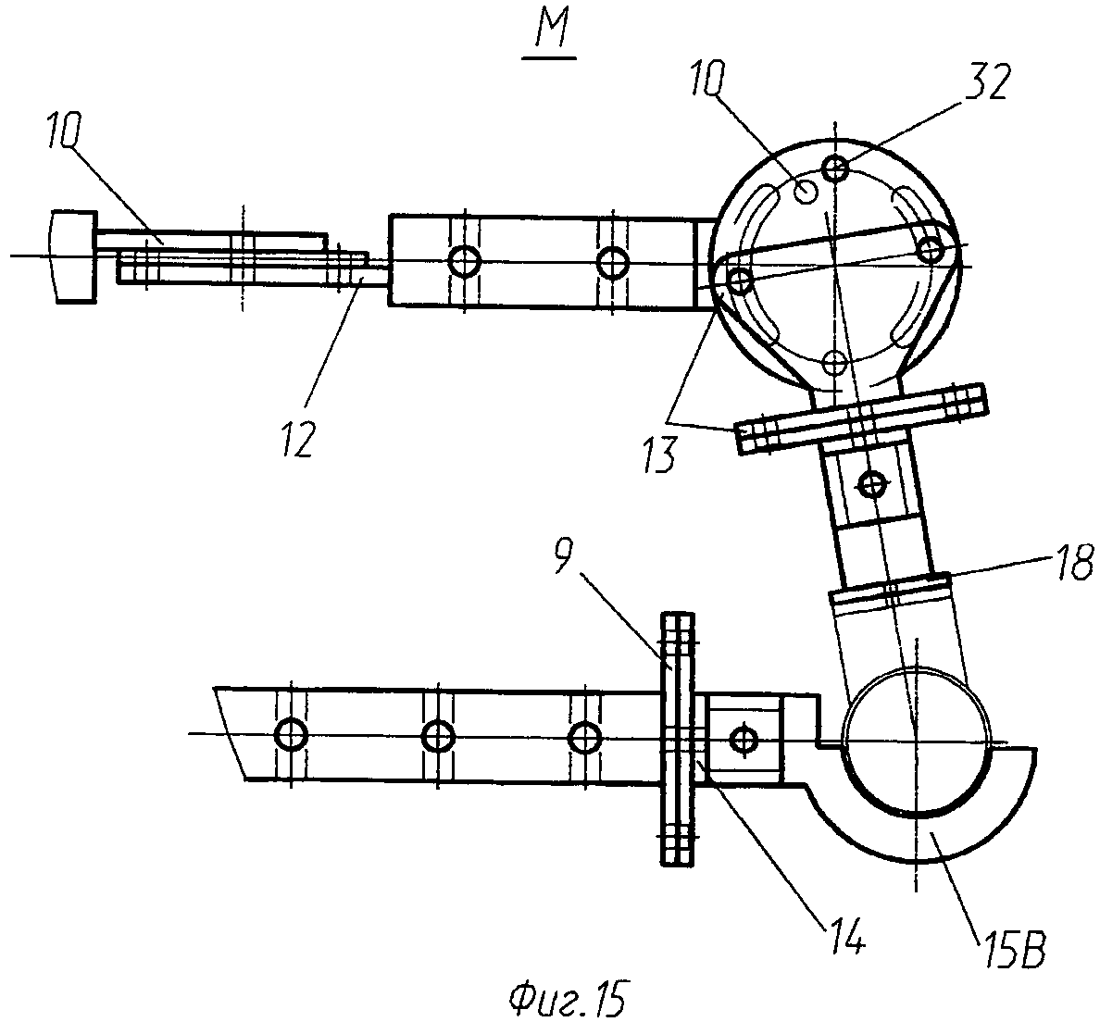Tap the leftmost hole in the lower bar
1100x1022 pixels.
point(292,735)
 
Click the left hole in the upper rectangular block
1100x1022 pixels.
point(463,260)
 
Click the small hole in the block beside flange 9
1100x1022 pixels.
point(743,739)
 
